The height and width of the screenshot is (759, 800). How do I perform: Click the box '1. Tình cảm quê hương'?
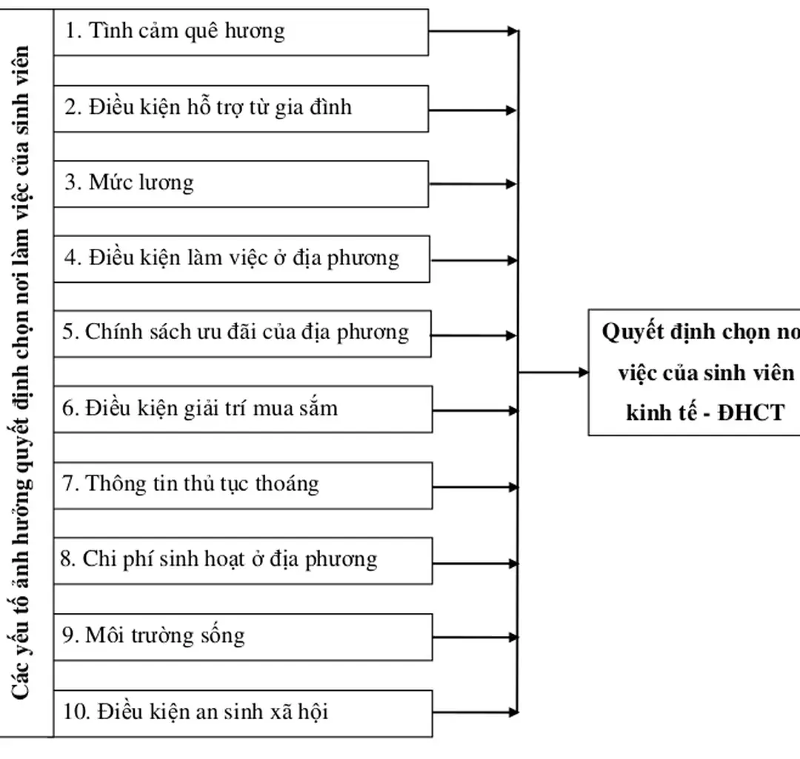point(241,32)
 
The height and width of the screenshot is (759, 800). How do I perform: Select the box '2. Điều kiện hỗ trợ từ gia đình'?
point(241,108)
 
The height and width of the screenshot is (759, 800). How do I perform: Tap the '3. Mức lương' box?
point(241,183)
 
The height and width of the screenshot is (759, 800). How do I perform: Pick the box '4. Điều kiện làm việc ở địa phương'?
point(241,258)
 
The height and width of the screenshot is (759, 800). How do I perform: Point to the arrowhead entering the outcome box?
point(581,372)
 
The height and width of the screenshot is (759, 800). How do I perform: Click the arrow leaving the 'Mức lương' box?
point(473,184)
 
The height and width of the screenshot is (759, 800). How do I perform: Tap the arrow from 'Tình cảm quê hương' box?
point(473,32)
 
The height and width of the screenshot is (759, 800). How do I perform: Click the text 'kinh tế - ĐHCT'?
point(704,412)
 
